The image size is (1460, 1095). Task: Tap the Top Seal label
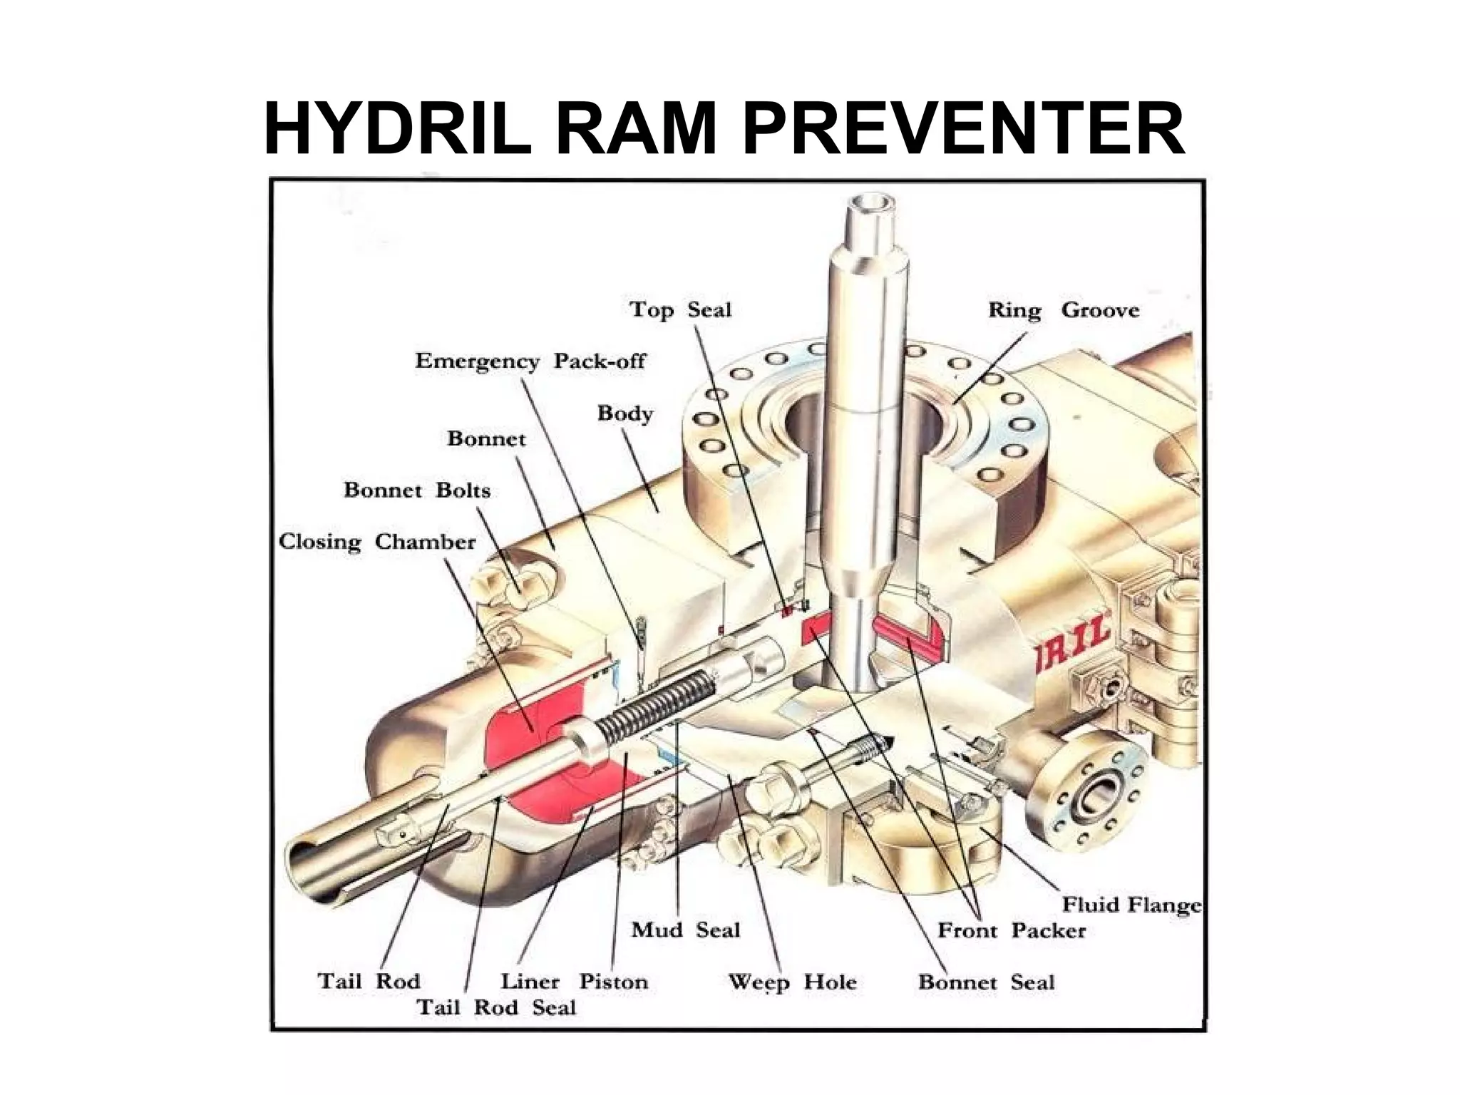[680, 310]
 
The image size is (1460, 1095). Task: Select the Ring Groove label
[1063, 310]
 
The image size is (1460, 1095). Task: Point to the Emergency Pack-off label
[530, 361]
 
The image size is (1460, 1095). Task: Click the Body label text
[624, 413]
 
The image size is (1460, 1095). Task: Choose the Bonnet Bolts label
[417, 490]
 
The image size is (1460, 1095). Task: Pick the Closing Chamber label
[376, 542]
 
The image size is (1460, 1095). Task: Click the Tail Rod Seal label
[495, 1007]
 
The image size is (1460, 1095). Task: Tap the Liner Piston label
[574, 982]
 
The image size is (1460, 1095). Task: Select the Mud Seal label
[685, 930]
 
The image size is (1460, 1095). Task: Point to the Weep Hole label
[791, 982]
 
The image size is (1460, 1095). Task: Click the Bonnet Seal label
[986, 982]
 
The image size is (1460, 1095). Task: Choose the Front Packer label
[1011, 930]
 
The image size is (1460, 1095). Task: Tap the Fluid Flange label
[1131, 905]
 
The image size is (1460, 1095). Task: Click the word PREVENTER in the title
[963, 130]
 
